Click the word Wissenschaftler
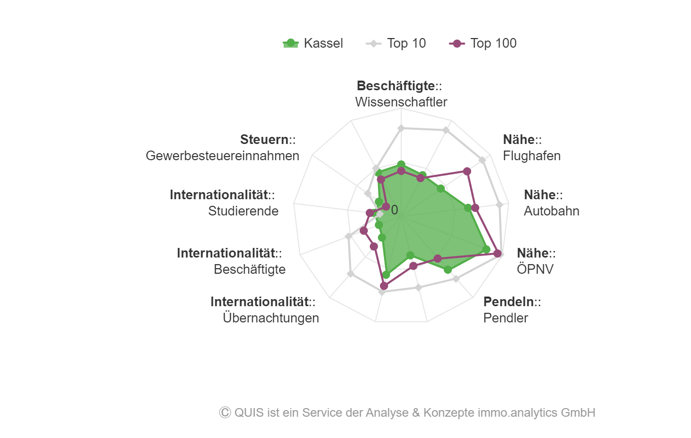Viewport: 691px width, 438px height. (x=401, y=102)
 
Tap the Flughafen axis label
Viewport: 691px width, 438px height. (x=531, y=156)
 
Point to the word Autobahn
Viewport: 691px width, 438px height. (x=551, y=211)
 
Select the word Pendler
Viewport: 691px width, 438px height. (x=506, y=318)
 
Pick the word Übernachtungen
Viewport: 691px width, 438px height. (x=271, y=318)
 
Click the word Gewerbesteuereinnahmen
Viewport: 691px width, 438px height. (x=222, y=156)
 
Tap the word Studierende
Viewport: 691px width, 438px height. (x=243, y=211)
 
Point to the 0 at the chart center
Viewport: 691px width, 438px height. (x=395, y=210)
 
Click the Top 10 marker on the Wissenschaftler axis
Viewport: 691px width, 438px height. (x=401, y=128)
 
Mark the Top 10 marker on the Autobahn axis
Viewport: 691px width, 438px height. (x=500, y=205)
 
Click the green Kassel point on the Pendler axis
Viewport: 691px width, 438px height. (x=448, y=270)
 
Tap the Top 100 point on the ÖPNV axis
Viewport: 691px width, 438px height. (x=497, y=253)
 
